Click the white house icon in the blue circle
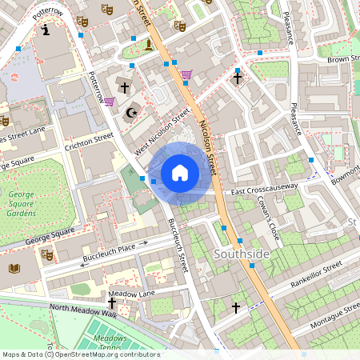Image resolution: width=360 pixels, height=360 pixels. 180,172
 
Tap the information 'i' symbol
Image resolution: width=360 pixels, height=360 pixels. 46,30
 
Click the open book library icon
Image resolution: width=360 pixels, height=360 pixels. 14,268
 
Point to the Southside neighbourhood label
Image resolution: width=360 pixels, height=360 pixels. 242,254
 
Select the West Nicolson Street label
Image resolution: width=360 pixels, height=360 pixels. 163,130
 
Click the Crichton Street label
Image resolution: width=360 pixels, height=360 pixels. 90,141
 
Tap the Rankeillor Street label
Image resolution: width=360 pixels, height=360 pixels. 314,277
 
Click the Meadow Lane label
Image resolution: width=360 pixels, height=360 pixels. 131,294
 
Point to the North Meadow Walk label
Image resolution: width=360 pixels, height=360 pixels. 82,310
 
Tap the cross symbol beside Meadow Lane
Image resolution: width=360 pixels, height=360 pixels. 112,303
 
